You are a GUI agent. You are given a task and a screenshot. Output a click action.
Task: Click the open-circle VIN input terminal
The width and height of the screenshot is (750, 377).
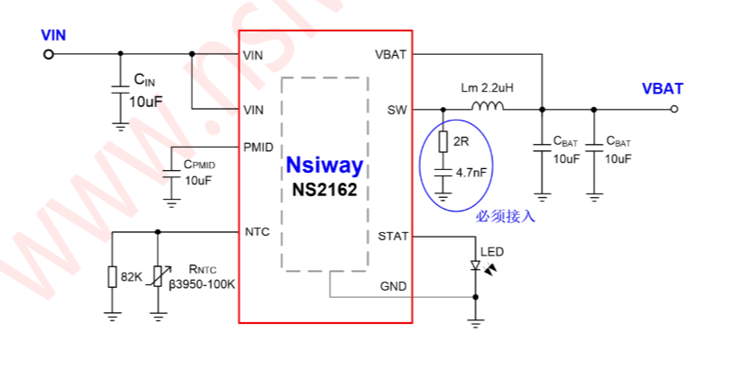pyautogui.click(x=49, y=54)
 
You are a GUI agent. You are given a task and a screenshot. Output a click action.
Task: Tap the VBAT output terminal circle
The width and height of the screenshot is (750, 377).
pyautogui.click(x=674, y=109)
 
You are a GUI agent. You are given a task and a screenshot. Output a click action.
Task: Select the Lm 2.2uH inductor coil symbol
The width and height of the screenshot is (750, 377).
pyautogui.click(x=488, y=106)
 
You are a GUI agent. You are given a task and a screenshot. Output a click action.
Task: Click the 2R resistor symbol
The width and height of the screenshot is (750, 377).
pyautogui.click(x=444, y=141)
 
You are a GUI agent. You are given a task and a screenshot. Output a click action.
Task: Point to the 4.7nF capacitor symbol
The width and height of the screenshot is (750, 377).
pyautogui.click(x=444, y=173)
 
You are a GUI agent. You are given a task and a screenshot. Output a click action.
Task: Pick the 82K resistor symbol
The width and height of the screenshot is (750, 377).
pyautogui.click(x=112, y=277)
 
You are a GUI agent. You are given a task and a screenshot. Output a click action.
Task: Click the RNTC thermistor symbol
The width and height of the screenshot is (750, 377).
pyautogui.click(x=159, y=276)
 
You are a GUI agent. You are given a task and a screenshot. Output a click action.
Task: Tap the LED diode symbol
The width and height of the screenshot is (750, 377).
pyautogui.click(x=475, y=265)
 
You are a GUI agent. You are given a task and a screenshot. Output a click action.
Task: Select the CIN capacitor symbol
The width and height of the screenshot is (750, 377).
pyautogui.click(x=121, y=90)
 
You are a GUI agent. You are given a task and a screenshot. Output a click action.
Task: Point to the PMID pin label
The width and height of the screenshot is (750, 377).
pyautogui.click(x=259, y=148)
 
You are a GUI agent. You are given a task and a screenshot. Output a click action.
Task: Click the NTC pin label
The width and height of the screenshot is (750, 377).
pyautogui.click(x=257, y=232)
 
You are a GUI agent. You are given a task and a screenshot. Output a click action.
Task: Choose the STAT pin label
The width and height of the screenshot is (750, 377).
pyautogui.click(x=393, y=237)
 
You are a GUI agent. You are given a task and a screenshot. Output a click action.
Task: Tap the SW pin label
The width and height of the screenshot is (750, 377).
pyautogui.click(x=397, y=111)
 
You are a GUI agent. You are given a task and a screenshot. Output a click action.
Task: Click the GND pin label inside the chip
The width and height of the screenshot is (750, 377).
pyautogui.click(x=393, y=286)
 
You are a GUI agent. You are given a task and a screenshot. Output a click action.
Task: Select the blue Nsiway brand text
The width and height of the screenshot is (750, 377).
pyautogui.click(x=325, y=166)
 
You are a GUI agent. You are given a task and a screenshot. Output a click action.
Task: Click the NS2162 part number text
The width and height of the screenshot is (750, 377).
pyautogui.click(x=325, y=190)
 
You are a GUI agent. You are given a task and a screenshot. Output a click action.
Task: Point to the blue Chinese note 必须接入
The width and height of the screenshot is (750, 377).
pyautogui.click(x=506, y=217)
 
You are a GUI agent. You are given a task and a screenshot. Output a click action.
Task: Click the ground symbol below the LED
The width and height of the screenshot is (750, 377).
pyautogui.click(x=475, y=324)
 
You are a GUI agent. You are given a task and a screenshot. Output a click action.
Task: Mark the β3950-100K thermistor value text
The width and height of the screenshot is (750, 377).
pyautogui.click(x=202, y=284)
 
